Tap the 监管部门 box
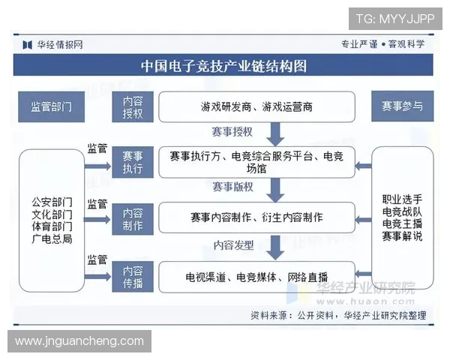click(x=52, y=106)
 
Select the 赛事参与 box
click(x=402, y=106)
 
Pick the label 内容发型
click(x=233, y=244)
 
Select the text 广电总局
click(x=52, y=238)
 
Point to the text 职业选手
click(x=402, y=199)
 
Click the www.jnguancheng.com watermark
click(x=79, y=341)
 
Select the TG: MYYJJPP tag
click(x=394, y=19)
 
